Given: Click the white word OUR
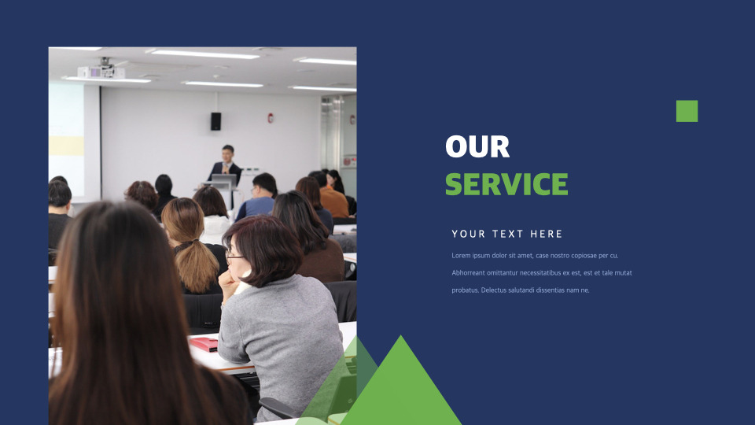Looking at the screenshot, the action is (477, 146).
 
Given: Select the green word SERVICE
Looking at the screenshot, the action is (506, 183).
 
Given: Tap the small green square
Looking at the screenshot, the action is (687, 111).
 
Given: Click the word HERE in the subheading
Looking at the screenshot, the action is (546, 235).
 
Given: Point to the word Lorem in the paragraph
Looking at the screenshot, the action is (461, 255).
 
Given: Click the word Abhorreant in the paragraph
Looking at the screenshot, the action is (468, 273).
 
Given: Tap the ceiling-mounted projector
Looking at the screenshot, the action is (101, 70).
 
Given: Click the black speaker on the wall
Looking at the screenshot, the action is (215, 121).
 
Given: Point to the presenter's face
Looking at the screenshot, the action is (227, 155).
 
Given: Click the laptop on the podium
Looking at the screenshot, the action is (224, 181).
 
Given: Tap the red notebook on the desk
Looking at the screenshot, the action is (204, 344).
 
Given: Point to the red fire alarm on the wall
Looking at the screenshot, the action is (271, 117).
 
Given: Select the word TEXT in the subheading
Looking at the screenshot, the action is (508, 235).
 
